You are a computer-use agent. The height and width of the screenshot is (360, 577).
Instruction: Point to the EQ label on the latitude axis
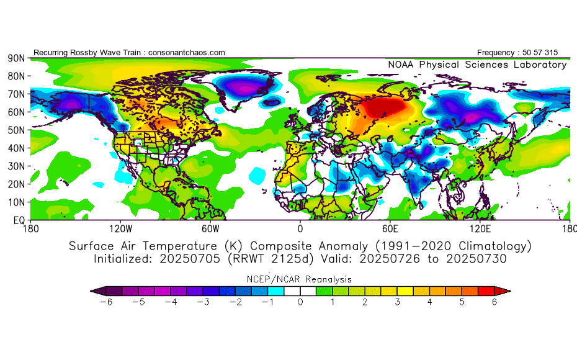18,220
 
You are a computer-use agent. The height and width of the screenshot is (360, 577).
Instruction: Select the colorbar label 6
494,302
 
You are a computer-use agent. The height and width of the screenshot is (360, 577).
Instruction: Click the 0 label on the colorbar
300,302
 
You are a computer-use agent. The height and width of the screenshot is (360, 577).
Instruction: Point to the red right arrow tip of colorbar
506,290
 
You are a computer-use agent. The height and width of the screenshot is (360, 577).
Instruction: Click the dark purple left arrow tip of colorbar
94,290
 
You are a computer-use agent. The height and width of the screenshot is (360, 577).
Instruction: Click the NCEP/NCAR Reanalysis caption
300,279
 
